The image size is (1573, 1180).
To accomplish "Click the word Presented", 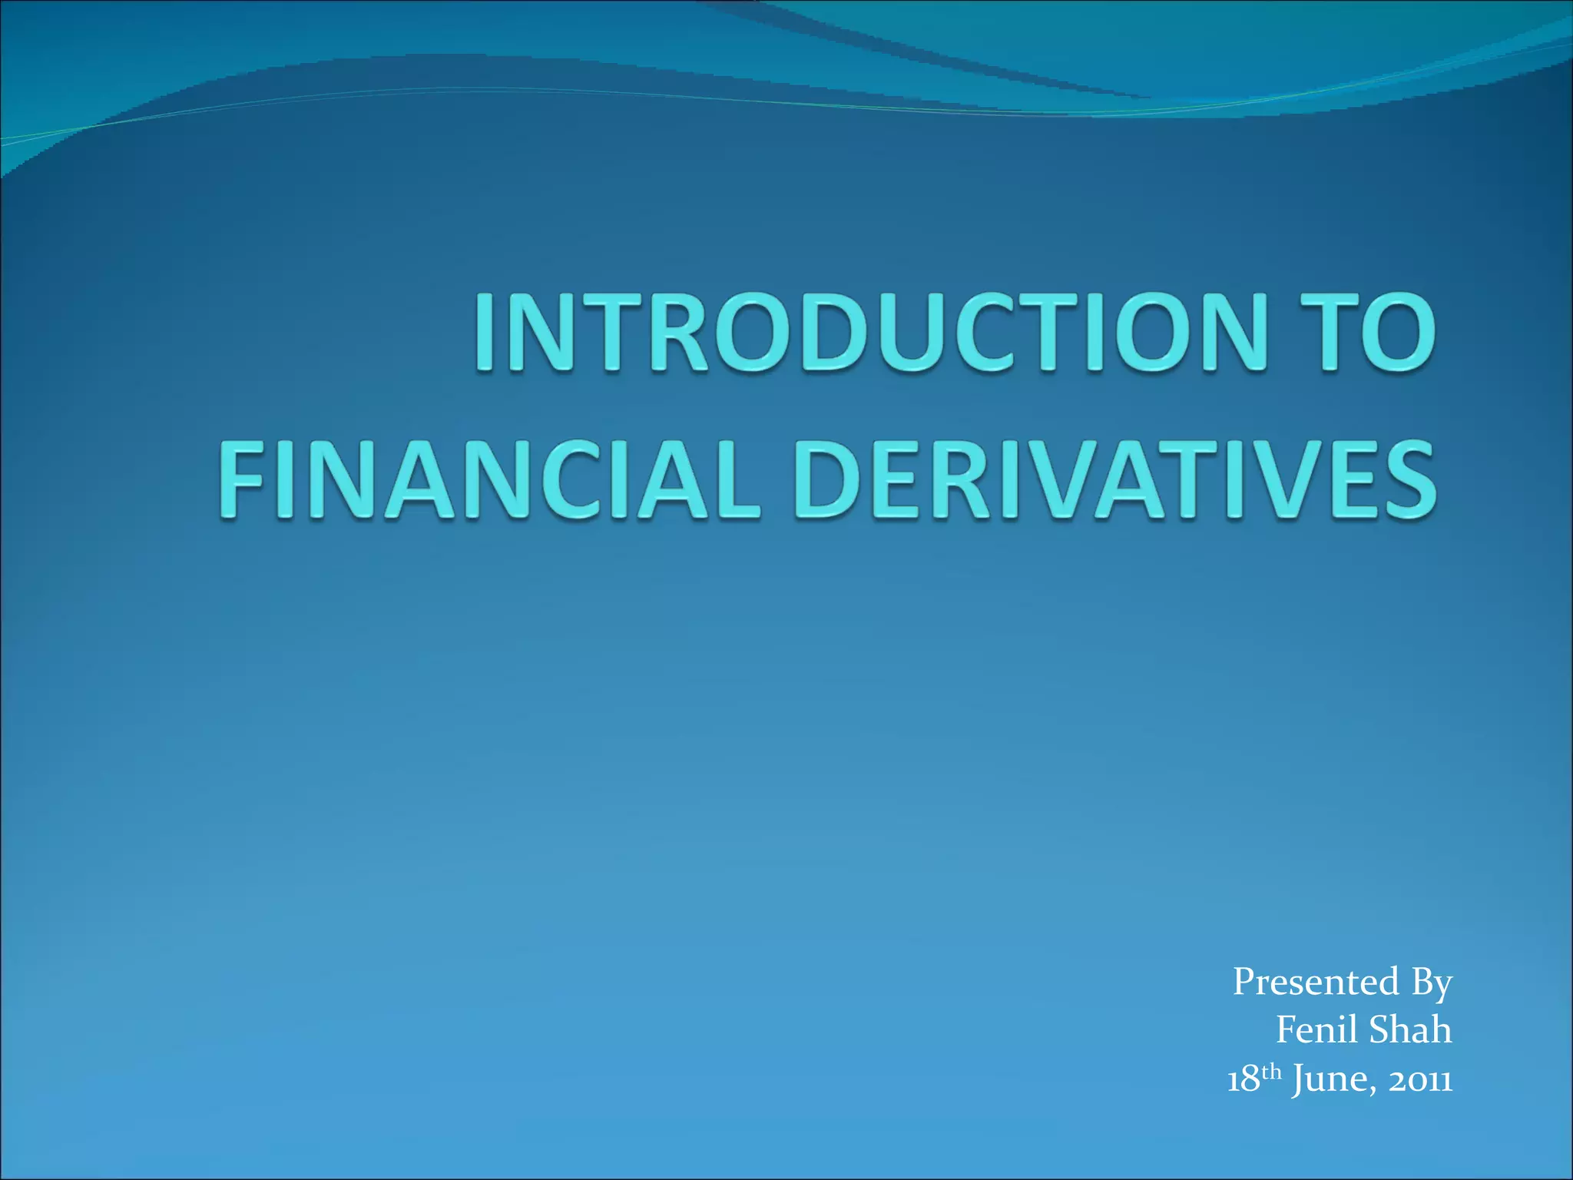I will pyautogui.click(x=1316, y=982).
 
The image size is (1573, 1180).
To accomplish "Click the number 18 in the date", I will pyautogui.click(x=1243, y=1079).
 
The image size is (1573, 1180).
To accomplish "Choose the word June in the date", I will pyautogui.click(x=1324, y=1080).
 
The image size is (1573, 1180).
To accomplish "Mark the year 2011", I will pyautogui.click(x=1419, y=1080).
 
